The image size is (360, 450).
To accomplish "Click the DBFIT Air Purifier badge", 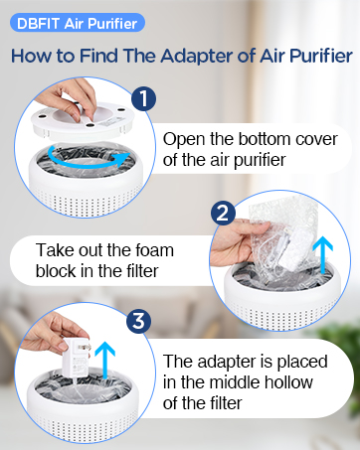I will pos(76,22).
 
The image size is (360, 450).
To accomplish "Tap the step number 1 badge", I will pos(144,98).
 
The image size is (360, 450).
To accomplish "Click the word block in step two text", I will pos(57,269).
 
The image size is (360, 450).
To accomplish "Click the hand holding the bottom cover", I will pos(72,96).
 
